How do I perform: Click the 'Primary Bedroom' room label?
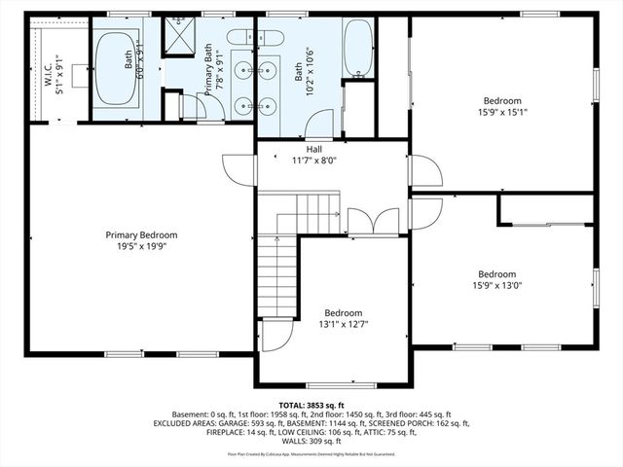click(x=142, y=234)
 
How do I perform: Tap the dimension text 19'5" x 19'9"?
click(x=142, y=246)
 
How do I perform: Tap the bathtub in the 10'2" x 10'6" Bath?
click(x=357, y=49)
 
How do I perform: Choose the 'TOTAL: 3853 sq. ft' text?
click(x=311, y=405)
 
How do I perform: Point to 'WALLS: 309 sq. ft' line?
click(x=311, y=443)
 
